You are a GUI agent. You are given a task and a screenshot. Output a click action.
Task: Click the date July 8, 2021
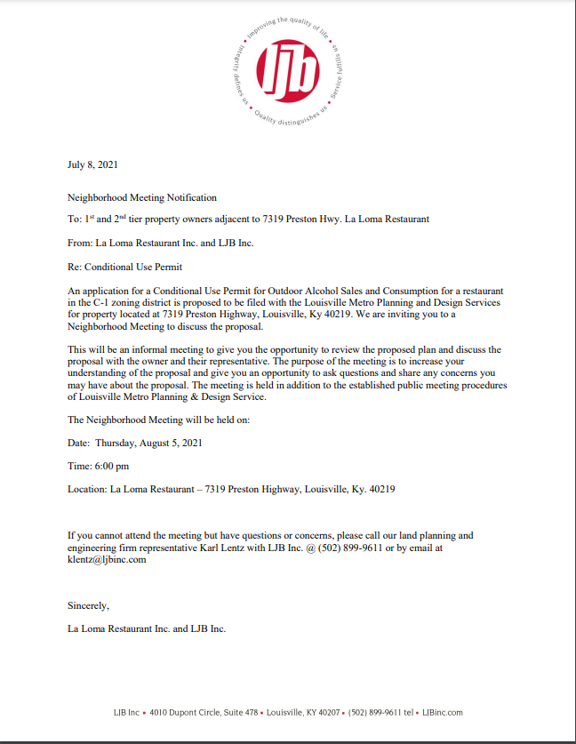(92, 164)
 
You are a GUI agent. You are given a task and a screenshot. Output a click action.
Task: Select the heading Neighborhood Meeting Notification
(142, 197)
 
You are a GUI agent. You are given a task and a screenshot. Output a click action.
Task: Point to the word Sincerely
(88, 605)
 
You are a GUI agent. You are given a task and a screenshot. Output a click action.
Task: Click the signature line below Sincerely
(147, 628)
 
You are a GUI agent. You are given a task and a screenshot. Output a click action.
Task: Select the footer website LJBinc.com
(443, 712)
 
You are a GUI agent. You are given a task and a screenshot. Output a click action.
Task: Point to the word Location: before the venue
(87, 489)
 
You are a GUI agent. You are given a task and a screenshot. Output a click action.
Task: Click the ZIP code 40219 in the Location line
(381, 489)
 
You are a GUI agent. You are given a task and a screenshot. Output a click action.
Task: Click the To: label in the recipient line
(74, 219)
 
